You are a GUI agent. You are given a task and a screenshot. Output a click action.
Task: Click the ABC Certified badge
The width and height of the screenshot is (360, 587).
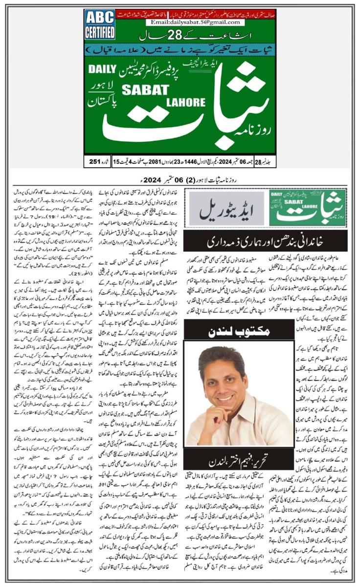(100, 24)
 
